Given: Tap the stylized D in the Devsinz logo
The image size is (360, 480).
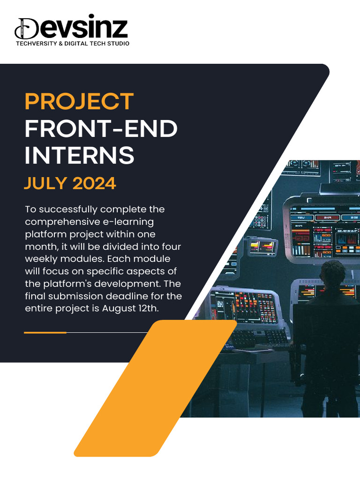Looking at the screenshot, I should [27, 29].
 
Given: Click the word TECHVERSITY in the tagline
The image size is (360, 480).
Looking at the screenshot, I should [36, 44].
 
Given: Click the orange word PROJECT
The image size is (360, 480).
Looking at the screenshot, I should [79, 102].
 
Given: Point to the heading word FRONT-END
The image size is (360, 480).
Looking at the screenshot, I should [101, 129].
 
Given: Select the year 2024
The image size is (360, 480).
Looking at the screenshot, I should [94, 183].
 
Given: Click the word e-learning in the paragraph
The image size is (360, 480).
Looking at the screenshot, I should [127, 221].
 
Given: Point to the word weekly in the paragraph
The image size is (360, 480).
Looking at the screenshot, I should [42, 259].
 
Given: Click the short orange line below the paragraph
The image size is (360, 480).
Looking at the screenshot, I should [45, 332].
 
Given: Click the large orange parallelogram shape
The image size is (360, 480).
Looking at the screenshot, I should [155, 389].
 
